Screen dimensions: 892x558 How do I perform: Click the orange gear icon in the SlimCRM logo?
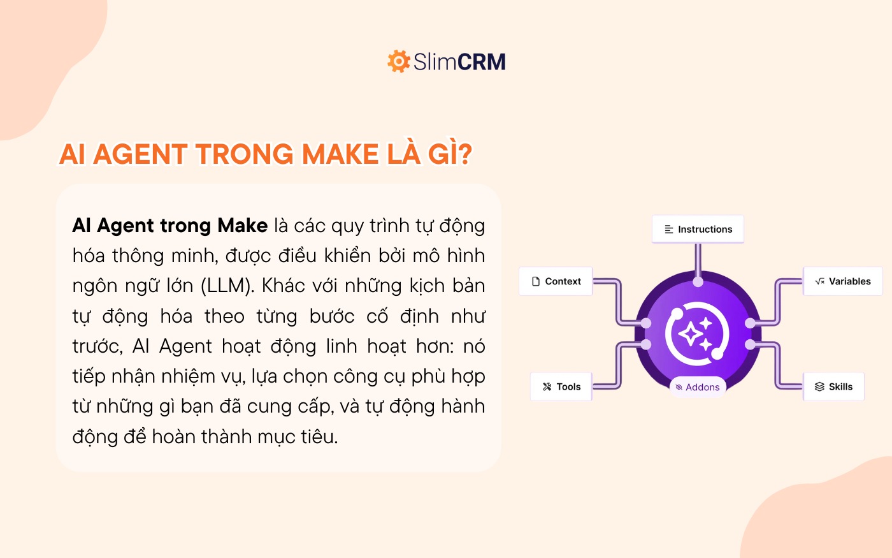tap(399, 61)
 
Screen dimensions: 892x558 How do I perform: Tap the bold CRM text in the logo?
tap(482, 62)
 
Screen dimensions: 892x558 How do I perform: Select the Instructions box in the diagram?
tap(698, 229)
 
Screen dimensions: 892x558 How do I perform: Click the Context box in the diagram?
tap(556, 281)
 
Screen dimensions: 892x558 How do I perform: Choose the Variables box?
tap(842, 281)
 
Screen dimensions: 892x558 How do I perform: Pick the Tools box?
tap(561, 386)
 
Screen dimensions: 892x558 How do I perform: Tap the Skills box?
tap(833, 386)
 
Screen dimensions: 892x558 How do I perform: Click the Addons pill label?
tap(698, 387)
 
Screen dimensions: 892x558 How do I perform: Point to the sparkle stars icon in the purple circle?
tap(696, 334)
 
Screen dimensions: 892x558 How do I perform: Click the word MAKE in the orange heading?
tap(340, 154)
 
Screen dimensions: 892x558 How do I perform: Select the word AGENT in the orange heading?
tap(140, 154)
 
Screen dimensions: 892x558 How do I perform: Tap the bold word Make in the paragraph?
tap(243, 226)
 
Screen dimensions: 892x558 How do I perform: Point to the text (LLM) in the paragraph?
tap(227, 286)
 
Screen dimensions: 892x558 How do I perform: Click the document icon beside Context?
tap(536, 281)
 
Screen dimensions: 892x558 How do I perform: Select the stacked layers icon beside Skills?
tap(819, 386)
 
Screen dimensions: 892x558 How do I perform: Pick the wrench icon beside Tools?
tap(547, 386)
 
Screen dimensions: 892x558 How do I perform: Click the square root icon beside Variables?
tap(819, 281)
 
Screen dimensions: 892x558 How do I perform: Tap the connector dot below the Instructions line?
tap(698, 282)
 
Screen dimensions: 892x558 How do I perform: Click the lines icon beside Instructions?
tap(669, 230)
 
